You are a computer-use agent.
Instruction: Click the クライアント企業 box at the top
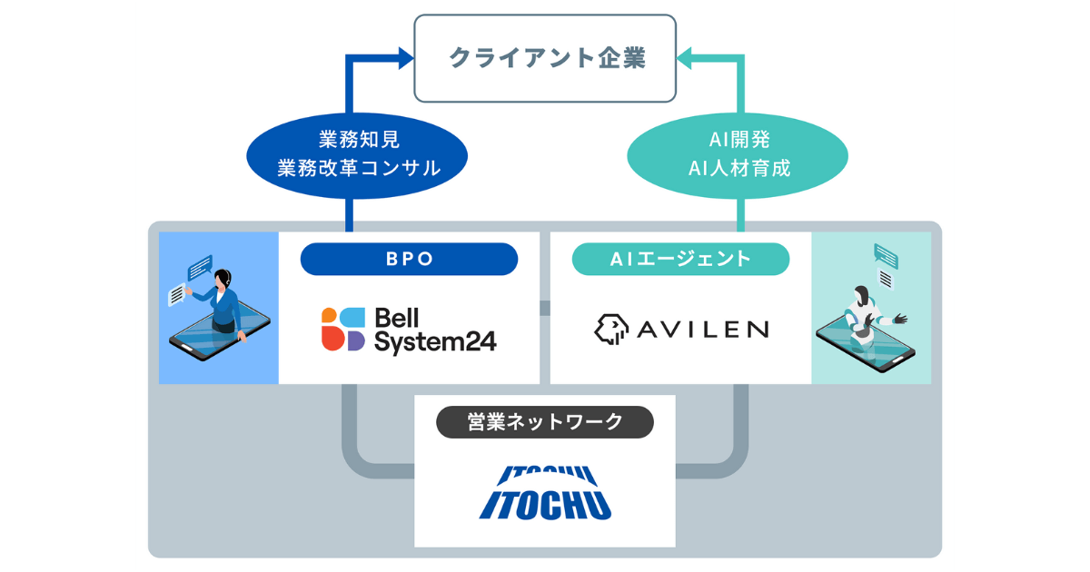[x=545, y=58]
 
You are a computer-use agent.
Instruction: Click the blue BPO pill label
[x=409, y=259]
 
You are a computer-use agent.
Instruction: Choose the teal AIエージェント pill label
[x=680, y=259]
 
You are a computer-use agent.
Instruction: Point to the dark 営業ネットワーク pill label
[x=544, y=422]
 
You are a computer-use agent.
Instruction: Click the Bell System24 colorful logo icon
[x=343, y=329]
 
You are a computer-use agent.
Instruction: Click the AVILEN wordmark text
[x=701, y=329]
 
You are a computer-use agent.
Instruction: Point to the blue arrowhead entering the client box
[x=405, y=59]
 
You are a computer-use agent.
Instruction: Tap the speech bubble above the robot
[x=886, y=254]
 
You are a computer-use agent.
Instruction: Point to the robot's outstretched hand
[x=900, y=319]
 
